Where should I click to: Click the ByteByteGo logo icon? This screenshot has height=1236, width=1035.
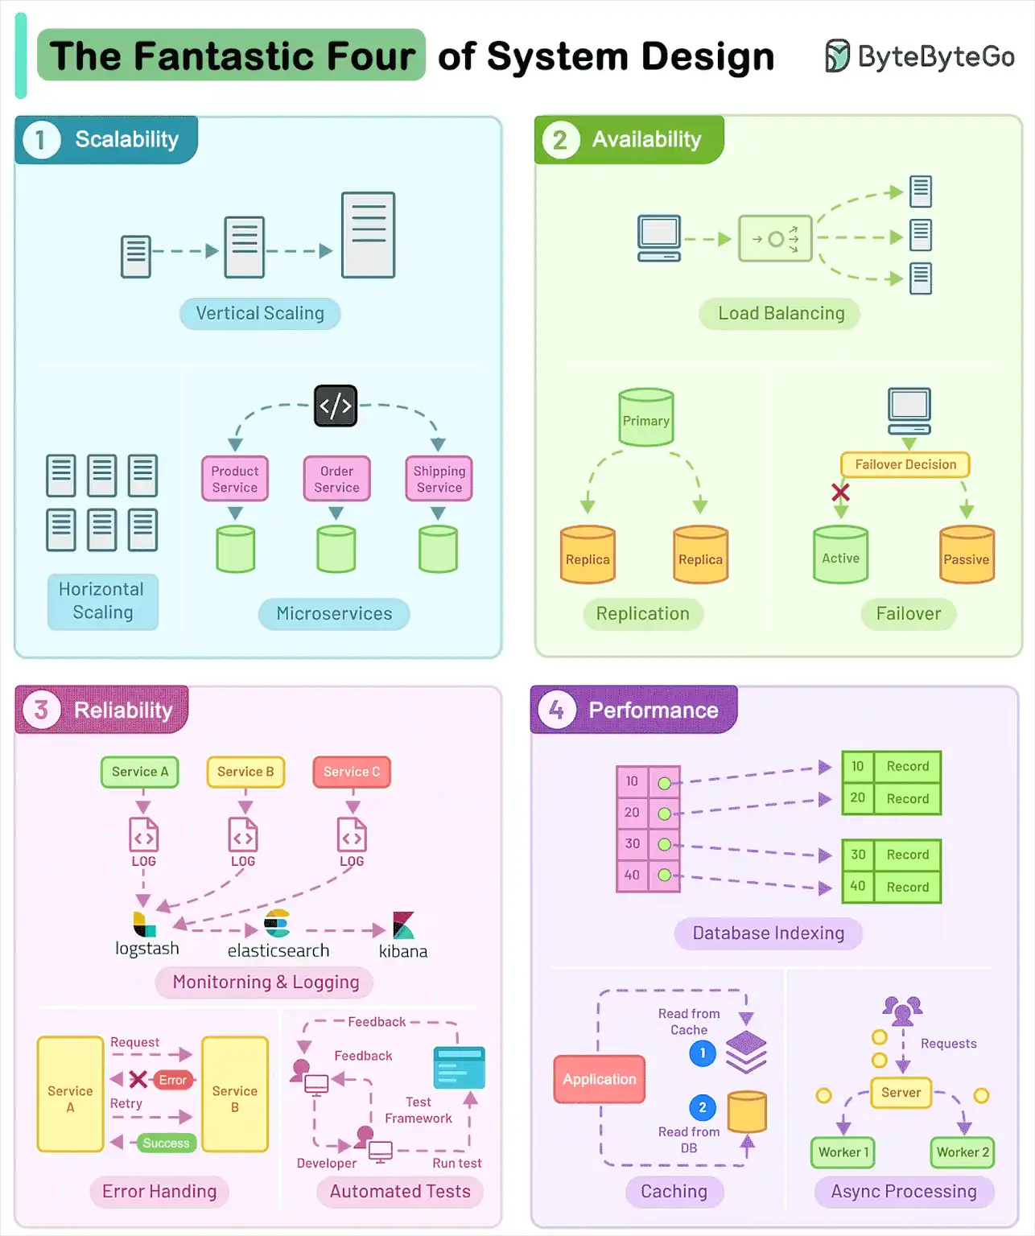point(837,56)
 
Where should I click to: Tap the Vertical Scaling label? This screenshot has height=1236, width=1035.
point(260,313)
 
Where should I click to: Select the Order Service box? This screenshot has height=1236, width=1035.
point(336,479)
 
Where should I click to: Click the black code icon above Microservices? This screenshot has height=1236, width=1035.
point(336,406)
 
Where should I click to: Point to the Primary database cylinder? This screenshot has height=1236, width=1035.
point(645,419)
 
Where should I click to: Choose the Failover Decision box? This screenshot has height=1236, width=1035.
point(905,464)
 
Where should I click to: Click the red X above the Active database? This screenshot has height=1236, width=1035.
point(840,492)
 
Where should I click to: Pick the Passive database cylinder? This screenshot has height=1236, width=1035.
point(967,555)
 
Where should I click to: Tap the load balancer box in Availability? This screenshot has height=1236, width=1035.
point(775,238)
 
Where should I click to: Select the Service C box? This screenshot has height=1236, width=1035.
point(352,772)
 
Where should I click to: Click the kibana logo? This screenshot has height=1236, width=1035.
point(403,925)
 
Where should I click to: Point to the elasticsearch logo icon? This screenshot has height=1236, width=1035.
point(277,923)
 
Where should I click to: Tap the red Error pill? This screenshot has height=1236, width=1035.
point(173,1080)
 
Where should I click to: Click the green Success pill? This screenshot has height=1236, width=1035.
point(166,1143)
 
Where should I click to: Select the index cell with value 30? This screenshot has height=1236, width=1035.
point(633,843)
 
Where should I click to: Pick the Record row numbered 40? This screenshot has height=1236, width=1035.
point(892,887)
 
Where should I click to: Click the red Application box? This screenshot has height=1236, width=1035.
point(599,1079)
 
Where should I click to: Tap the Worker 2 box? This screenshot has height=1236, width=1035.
point(963,1152)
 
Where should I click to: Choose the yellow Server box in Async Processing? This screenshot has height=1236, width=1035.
point(901,1092)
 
